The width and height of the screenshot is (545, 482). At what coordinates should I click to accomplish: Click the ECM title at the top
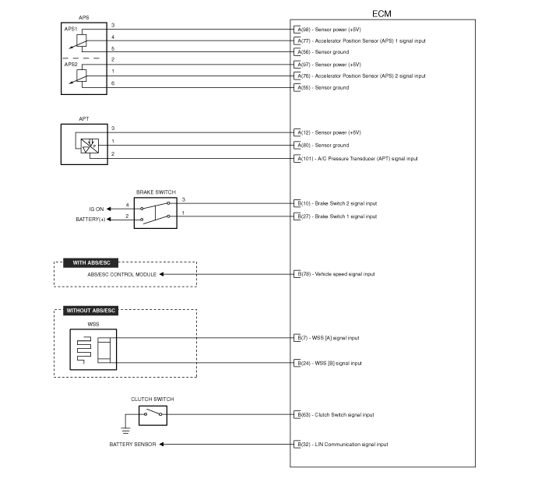381,14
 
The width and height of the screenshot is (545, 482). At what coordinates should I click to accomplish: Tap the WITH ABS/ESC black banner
91,262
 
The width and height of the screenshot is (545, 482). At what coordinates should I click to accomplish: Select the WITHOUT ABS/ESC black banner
91,311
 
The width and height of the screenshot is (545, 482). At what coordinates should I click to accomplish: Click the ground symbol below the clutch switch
126,431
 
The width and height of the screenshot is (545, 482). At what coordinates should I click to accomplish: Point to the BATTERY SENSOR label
132,445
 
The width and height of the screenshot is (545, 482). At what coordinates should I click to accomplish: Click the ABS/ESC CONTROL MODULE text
121,275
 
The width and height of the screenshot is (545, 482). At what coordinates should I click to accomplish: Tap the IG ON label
97,209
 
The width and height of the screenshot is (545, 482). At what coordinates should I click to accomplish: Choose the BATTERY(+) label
90,220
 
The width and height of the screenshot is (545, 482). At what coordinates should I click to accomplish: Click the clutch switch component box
153,415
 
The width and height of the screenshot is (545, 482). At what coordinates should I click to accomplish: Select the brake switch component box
156,213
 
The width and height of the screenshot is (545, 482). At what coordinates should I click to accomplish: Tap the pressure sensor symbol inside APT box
90,146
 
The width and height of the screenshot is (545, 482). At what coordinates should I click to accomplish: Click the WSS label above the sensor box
93,324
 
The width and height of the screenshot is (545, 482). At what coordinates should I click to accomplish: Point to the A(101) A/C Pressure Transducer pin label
357,159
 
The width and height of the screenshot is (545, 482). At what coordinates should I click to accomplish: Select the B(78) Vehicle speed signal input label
336,274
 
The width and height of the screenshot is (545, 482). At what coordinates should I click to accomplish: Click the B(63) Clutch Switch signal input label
336,414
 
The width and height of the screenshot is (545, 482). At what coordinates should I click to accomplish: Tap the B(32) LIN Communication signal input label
343,445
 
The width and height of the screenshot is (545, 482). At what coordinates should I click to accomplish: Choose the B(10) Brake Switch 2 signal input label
337,204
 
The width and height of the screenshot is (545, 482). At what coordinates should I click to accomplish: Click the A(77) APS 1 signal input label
361,41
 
